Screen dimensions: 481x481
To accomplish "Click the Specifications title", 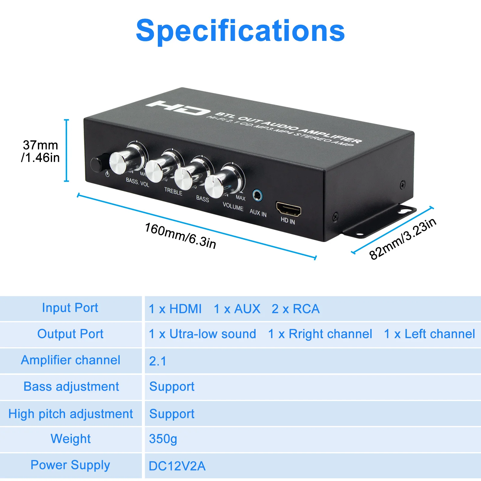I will [240, 31].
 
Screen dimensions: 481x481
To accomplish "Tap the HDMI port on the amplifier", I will [288, 209].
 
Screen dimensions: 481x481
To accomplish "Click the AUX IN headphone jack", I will [257, 196].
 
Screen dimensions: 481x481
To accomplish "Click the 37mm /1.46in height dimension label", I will [40, 151].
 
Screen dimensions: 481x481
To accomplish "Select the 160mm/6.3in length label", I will [180, 236].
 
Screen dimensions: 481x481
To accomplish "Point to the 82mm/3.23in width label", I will [403, 239].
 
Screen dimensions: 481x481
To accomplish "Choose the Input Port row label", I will [70, 308].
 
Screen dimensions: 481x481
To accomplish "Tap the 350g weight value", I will [163, 439].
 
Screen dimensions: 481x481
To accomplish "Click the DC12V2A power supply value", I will [177, 466].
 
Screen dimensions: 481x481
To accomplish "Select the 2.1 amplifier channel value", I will [158, 361].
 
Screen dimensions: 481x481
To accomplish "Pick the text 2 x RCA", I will [296, 309].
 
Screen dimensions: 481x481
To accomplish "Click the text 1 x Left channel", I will [429, 334].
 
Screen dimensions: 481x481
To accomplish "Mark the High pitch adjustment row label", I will [71, 414].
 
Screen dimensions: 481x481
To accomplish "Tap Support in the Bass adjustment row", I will [172, 387].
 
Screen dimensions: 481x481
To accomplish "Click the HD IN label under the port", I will [288, 221].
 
